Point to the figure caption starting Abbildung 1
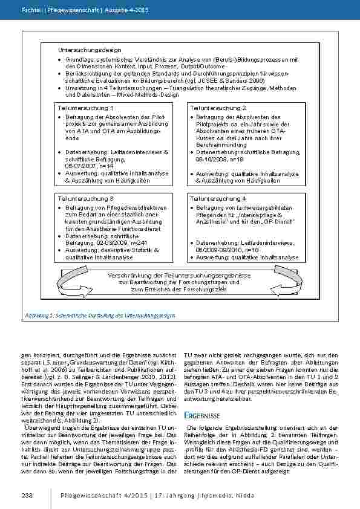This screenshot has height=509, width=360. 100,315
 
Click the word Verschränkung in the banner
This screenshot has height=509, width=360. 129,275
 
